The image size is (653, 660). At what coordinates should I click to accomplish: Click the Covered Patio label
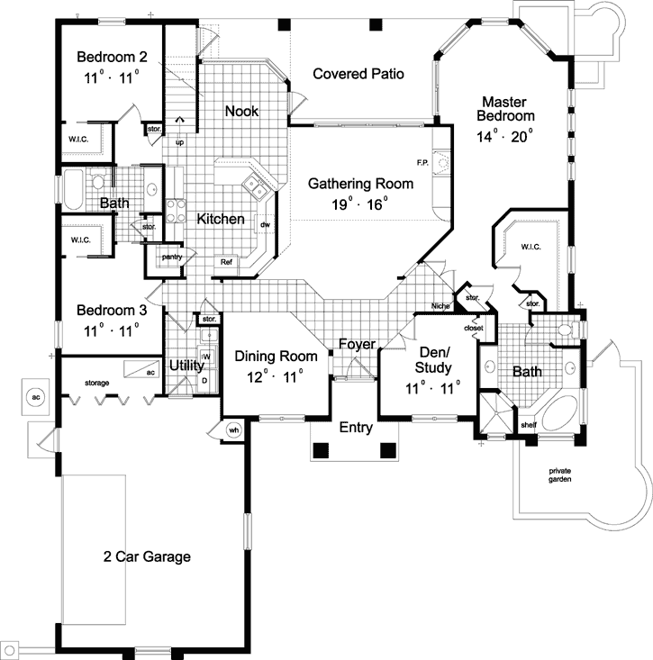click(358, 74)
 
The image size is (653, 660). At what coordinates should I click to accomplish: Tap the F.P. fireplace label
click(422, 163)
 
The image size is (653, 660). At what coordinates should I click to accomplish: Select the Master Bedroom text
click(507, 109)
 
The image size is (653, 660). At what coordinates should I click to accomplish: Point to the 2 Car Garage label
click(146, 556)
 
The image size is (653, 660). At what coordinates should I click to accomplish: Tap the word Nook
click(241, 112)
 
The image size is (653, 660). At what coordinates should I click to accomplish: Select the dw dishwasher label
click(265, 225)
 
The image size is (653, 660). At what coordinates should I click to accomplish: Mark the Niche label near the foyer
click(441, 306)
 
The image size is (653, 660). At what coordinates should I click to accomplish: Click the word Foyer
click(357, 345)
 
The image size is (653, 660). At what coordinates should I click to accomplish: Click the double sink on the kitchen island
click(255, 187)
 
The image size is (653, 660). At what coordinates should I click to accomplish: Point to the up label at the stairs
click(179, 142)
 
